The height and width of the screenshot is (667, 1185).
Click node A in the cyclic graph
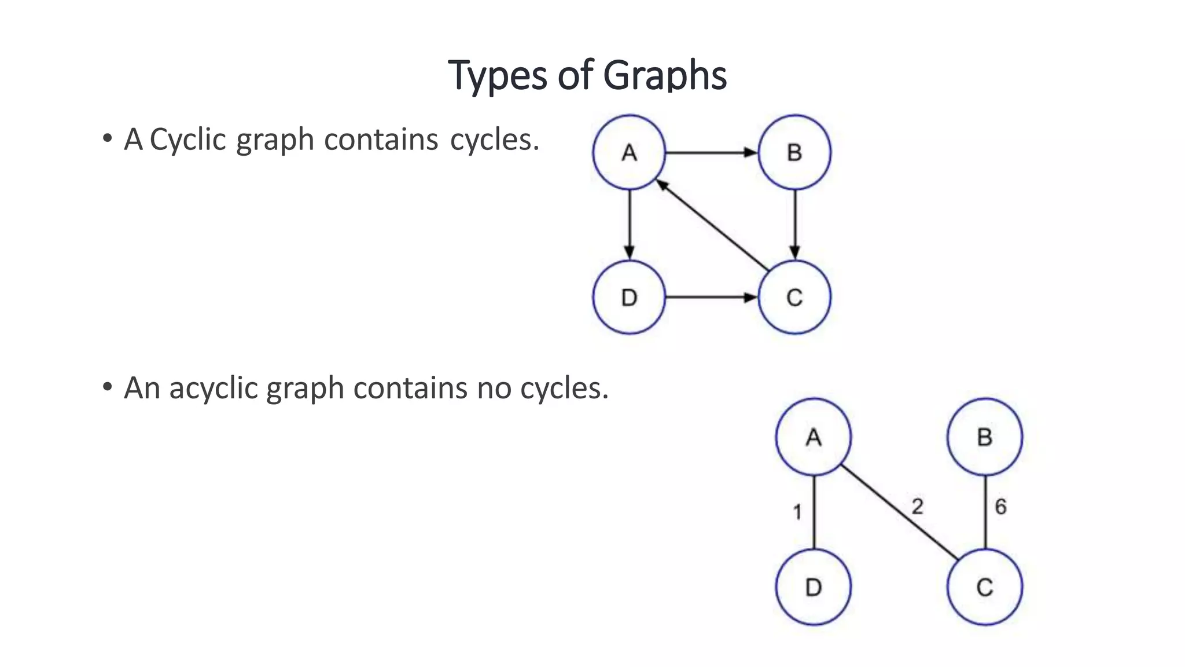[x=629, y=152]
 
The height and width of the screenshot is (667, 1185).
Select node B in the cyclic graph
[x=794, y=152]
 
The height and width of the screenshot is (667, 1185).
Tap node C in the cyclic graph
[x=794, y=297]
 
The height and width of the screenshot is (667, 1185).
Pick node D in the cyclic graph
[x=629, y=297]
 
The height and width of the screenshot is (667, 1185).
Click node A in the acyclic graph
[x=814, y=437]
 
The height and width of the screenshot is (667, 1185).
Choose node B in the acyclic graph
[x=985, y=437]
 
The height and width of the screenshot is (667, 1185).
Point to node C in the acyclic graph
[x=985, y=587]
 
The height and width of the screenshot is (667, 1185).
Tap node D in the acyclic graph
[x=814, y=587]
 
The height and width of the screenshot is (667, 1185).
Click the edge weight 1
[x=797, y=512]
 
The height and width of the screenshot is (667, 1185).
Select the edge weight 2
[x=918, y=507]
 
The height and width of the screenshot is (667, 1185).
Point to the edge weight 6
[x=1000, y=507]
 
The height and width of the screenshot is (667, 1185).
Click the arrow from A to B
[x=712, y=153]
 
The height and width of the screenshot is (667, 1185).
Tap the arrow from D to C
[x=712, y=298]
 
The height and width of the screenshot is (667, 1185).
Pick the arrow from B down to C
[x=795, y=225]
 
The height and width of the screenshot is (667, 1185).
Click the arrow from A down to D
[x=630, y=225]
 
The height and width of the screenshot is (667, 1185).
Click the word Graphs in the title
[x=665, y=75]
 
